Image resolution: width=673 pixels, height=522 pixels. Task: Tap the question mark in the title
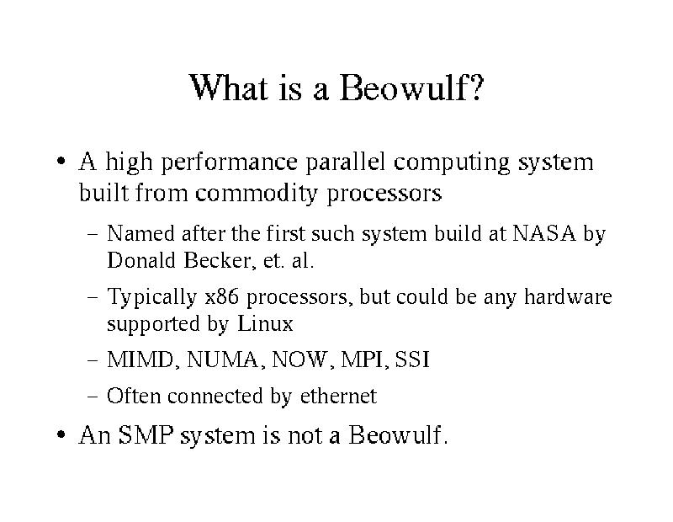(476, 88)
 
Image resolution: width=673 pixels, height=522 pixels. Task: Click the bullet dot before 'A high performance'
(61, 162)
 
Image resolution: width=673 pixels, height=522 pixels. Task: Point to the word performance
(229, 163)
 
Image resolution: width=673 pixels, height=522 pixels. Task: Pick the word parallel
(346, 163)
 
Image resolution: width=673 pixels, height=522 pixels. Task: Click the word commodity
(256, 194)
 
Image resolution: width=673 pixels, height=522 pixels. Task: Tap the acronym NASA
(543, 233)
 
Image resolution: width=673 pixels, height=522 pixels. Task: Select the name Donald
(141, 260)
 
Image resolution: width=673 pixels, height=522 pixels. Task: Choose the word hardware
(568, 296)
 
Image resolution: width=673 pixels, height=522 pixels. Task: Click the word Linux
(265, 323)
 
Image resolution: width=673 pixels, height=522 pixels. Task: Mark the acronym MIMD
(140, 360)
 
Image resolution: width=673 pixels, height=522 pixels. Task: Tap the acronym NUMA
(223, 360)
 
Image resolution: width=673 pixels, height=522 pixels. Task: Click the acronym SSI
(412, 360)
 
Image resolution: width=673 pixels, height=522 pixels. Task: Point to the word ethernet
(338, 396)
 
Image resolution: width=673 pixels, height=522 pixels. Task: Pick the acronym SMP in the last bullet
(146, 434)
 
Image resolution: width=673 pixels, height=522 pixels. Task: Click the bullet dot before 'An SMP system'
(61, 434)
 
